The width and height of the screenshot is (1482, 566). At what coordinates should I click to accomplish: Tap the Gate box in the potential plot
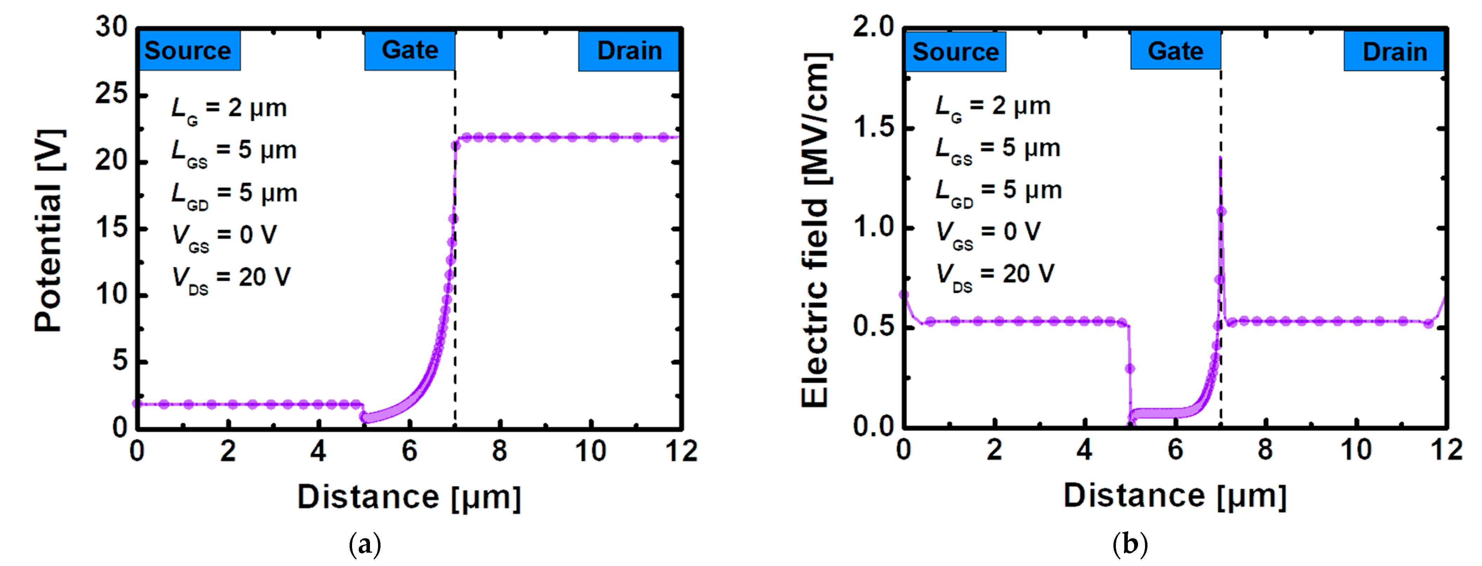(x=410, y=51)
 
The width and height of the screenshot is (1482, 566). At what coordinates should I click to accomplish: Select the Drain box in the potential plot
(x=629, y=51)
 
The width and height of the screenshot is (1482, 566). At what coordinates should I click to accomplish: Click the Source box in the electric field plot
(x=955, y=52)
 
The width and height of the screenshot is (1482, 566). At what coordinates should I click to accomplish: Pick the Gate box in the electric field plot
(x=1175, y=51)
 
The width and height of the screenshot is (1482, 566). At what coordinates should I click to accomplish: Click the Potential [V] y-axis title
(x=48, y=230)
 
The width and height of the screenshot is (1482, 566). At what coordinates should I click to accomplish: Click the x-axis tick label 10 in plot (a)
(x=590, y=451)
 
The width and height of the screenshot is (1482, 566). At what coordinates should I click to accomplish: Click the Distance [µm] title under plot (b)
(x=1175, y=496)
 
